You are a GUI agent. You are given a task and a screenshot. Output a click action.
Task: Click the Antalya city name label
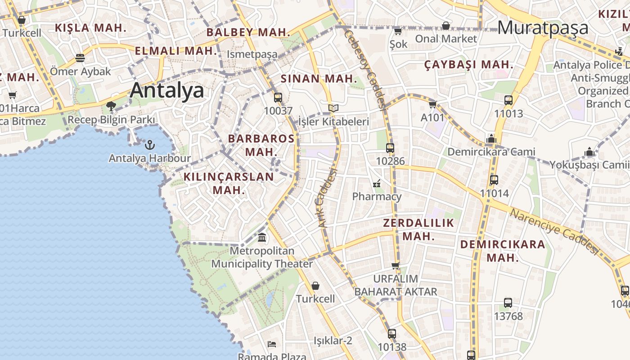click(x=167, y=90)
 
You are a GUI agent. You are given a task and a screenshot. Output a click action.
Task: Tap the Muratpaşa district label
click(x=543, y=27)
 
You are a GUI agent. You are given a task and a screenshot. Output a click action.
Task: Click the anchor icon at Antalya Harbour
click(x=150, y=145)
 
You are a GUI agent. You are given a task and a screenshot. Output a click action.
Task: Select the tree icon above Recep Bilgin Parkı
click(x=111, y=106)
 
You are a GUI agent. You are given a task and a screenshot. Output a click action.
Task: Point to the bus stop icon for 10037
click(x=278, y=97)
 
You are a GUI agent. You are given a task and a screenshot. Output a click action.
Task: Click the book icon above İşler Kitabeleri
click(x=333, y=108)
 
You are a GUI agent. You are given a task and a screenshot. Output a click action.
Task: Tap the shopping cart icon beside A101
click(x=432, y=104)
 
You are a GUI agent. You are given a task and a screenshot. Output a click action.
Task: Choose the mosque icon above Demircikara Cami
click(x=491, y=139)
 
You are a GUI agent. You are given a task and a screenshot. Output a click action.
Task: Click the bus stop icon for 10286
click(x=390, y=148)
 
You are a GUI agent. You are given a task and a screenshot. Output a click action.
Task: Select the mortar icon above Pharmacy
click(x=377, y=183)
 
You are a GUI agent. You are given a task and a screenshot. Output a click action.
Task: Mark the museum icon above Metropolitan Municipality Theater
click(x=262, y=237)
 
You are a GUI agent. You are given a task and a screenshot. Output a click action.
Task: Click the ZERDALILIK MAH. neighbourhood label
click(x=418, y=229)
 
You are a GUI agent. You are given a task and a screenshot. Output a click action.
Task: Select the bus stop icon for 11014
click(x=494, y=180)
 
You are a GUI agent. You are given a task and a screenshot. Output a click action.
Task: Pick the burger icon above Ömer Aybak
click(x=80, y=58)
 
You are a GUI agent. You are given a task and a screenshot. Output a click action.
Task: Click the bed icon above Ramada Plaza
click(x=272, y=344)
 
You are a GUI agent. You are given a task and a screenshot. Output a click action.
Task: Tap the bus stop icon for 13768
click(x=508, y=303)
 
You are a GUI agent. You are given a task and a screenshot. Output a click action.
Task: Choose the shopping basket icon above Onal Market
click(x=445, y=26)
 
